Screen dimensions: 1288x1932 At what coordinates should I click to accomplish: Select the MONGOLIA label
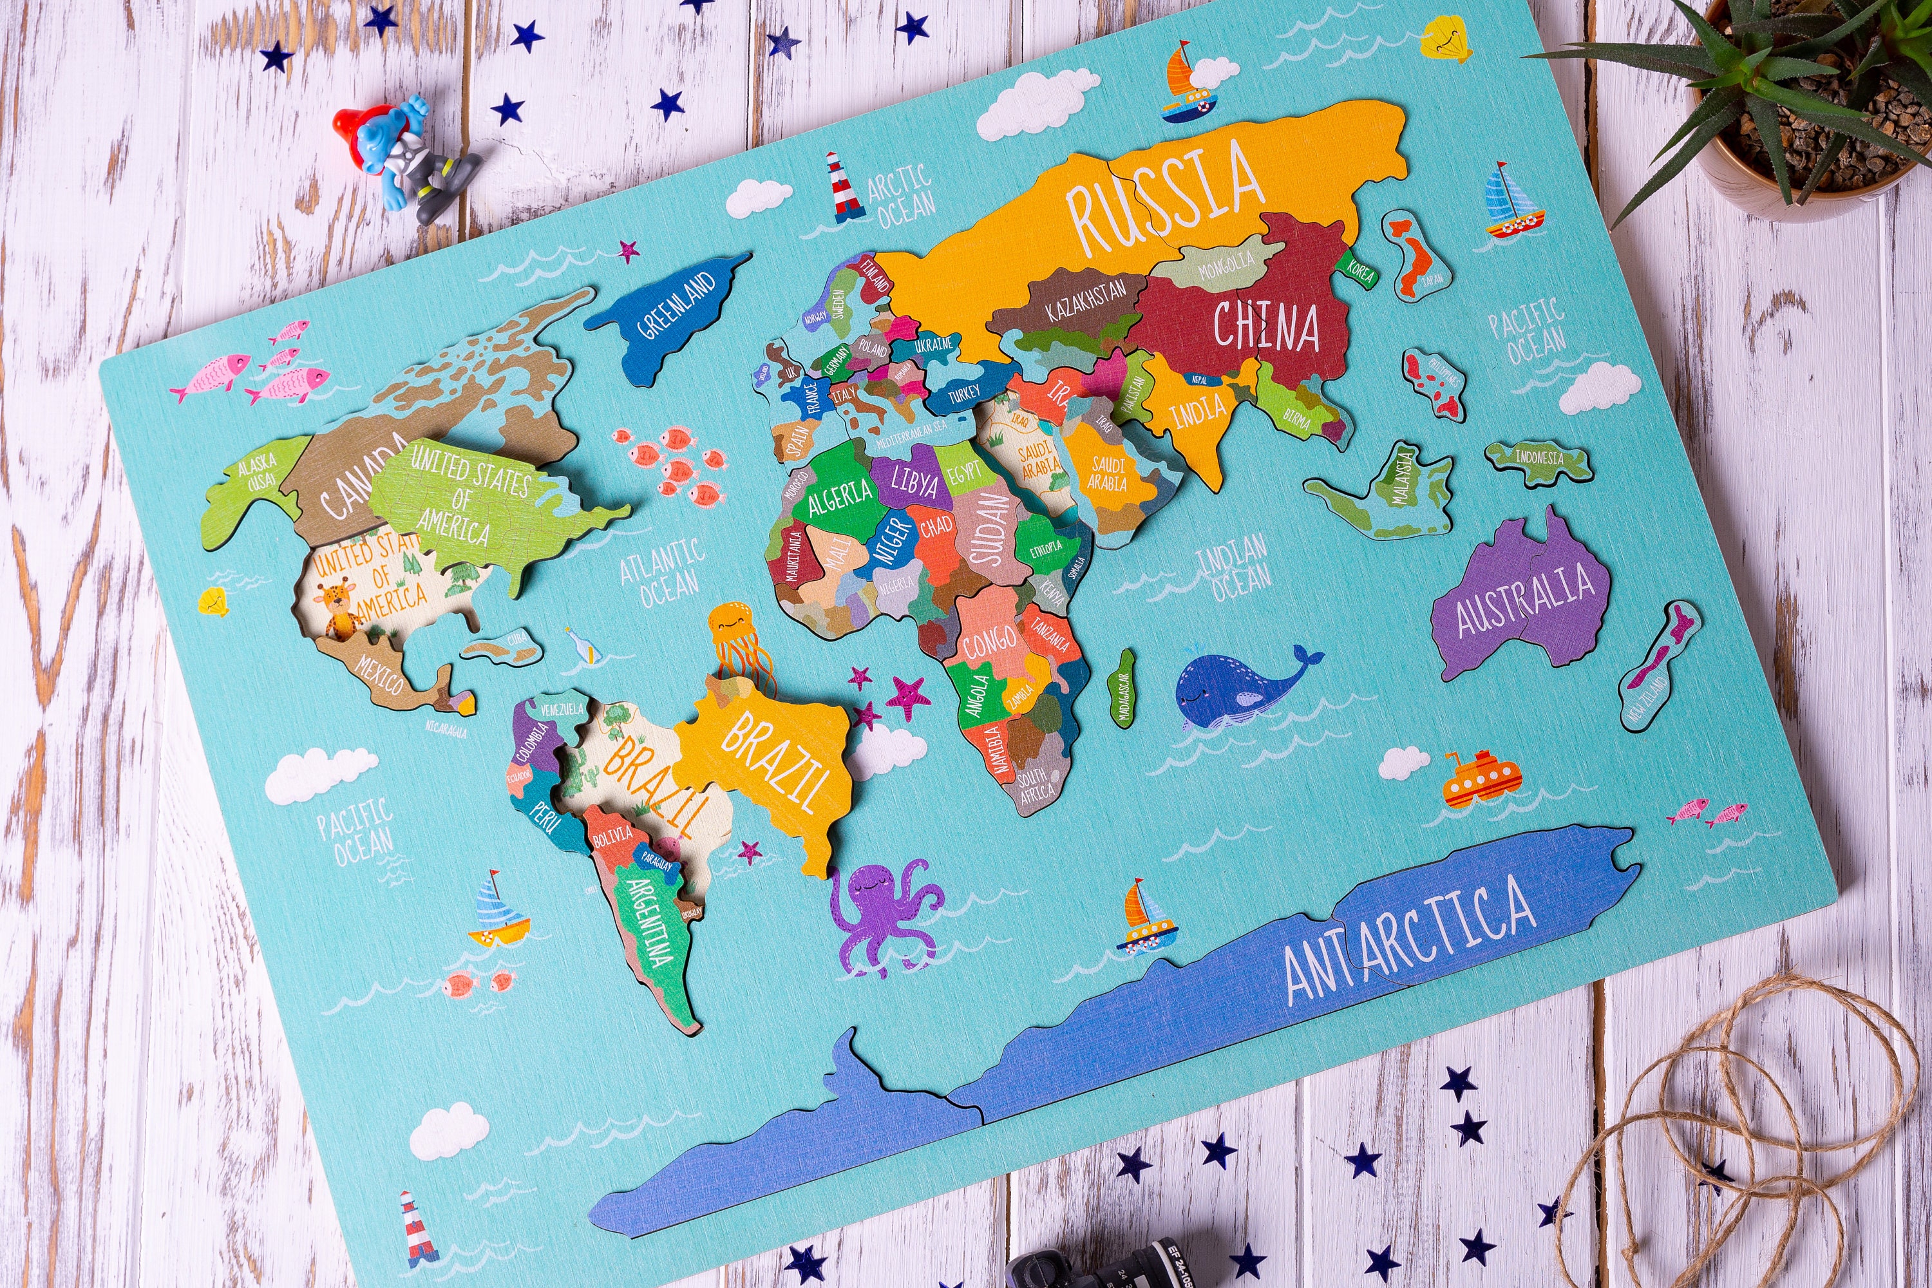pos(1226,265)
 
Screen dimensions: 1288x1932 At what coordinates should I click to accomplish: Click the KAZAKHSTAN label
pos(1086,301)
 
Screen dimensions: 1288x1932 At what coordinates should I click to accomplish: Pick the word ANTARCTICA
pos(1409,936)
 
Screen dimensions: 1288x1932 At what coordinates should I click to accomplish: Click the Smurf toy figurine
pos(402,156)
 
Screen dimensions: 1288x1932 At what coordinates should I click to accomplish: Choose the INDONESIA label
pos(1539,457)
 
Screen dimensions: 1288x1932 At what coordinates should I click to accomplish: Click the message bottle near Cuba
pos(584,646)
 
